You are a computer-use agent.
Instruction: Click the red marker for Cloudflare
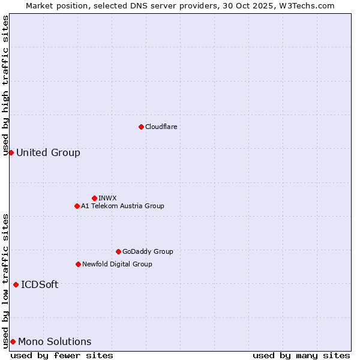click(141, 127)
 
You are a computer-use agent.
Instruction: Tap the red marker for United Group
click(11, 152)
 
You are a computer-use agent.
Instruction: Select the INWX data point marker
click(94, 198)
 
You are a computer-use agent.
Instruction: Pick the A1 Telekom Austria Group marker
click(77, 206)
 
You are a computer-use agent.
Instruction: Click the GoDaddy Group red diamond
click(118, 251)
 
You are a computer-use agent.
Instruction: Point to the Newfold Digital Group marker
click(78, 264)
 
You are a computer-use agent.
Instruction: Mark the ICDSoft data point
click(16, 284)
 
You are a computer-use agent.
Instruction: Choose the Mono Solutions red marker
click(13, 341)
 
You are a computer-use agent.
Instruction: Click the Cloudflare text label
click(161, 127)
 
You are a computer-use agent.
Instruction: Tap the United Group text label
click(48, 152)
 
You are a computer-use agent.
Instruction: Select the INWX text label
click(107, 198)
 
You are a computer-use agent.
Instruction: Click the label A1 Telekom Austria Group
click(122, 206)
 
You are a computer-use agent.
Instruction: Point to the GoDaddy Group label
click(148, 251)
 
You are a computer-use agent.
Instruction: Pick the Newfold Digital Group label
click(117, 264)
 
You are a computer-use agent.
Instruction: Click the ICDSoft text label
click(40, 284)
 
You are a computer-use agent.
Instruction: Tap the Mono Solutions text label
click(55, 341)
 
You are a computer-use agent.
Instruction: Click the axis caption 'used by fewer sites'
click(62, 355)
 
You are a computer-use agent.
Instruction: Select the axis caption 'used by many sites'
click(301, 355)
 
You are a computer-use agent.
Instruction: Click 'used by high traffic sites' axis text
click(5, 85)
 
